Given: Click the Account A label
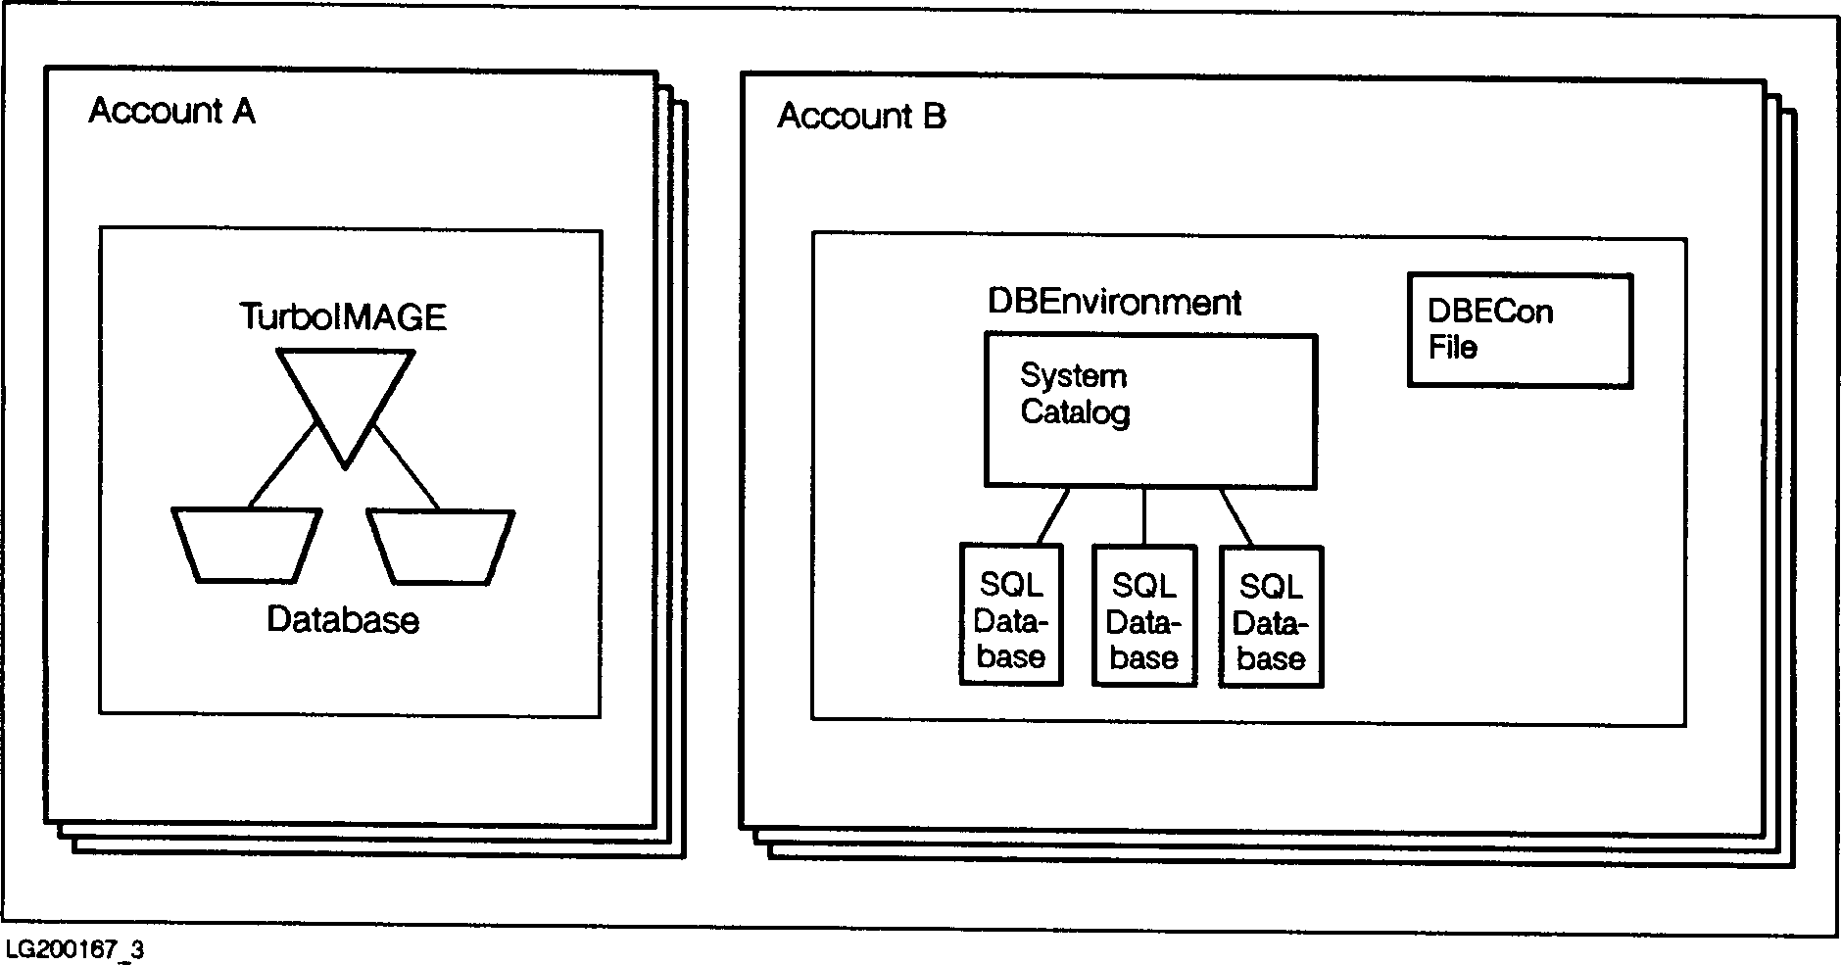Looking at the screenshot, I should (171, 112).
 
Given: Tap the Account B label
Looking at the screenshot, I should (861, 117).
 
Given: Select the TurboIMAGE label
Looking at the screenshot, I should (343, 317).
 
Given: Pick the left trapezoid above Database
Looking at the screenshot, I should (246, 545).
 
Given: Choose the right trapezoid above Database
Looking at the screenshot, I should (441, 546).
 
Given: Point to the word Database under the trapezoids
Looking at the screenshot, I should (343, 620).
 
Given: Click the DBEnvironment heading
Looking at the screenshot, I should (1114, 302).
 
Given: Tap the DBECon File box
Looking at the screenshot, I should (1520, 330).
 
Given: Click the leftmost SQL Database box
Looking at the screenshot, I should (1011, 615).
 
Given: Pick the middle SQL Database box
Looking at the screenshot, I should (1143, 616).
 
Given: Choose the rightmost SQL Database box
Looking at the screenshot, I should (1271, 616).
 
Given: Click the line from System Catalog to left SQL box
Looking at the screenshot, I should (1053, 515).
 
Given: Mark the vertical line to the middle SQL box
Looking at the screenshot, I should (1143, 516).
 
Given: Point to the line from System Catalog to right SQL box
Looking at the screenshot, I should (1235, 515).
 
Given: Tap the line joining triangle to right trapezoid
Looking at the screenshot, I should (405, 468).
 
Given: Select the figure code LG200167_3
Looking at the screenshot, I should (74, 949).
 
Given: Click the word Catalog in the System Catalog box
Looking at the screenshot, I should (1075, 412).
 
